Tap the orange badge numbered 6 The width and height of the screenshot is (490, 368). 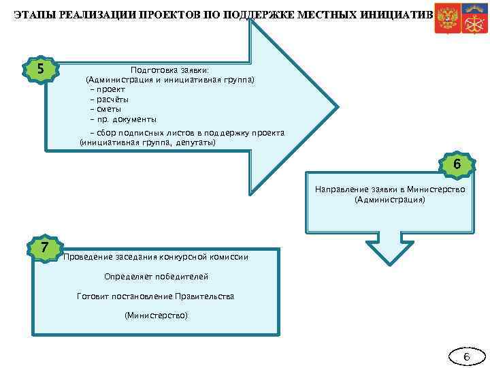[x=457, y=164]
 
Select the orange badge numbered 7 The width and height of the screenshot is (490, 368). [x=44, y=247]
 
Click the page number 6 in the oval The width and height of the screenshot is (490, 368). [x=466, y=357]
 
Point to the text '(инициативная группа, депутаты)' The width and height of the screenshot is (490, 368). [x=148, y=142]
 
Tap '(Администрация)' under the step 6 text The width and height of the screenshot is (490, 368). [x=389, y=200]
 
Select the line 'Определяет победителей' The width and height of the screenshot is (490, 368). [x=157, y=277]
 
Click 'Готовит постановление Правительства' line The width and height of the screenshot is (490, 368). [x=157, y=296]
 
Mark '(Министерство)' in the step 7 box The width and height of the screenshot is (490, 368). [x=157, y=316]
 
